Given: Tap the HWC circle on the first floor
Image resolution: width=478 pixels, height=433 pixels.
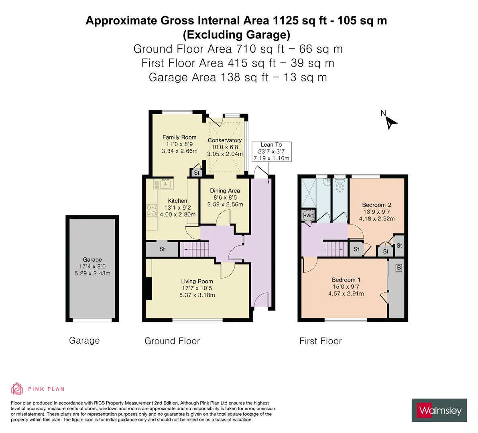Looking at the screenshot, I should [x=308, y=215].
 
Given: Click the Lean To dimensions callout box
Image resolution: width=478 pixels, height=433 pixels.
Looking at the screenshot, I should [x=271, y=152].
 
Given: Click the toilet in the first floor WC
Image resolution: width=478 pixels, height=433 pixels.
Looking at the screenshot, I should [x=340, y=186].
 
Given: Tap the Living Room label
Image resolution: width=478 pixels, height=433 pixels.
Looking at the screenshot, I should [x=197, y=281].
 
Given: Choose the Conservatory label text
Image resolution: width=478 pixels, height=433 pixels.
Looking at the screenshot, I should [x=225, y=140].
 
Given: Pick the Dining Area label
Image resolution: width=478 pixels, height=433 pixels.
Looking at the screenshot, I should [x=225, y=190].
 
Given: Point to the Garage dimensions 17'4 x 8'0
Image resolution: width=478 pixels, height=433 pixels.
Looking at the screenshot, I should [x=92, y=267].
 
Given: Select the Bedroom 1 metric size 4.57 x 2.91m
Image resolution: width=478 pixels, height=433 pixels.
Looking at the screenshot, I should [x=346, y=293].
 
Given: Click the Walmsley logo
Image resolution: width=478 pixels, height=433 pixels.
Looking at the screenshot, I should [x=439, y=410].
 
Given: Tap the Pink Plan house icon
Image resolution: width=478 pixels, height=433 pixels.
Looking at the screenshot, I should [x=17, y=388].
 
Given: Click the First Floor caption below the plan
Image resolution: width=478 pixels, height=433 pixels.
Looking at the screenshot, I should [x=320, y=341].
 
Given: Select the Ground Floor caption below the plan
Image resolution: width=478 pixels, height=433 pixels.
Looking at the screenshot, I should [x=172, y=341].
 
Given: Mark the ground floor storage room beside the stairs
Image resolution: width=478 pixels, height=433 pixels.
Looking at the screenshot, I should [x=162, y=249].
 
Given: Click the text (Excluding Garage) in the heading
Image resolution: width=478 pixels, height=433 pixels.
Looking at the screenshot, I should [x=236, y=35].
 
